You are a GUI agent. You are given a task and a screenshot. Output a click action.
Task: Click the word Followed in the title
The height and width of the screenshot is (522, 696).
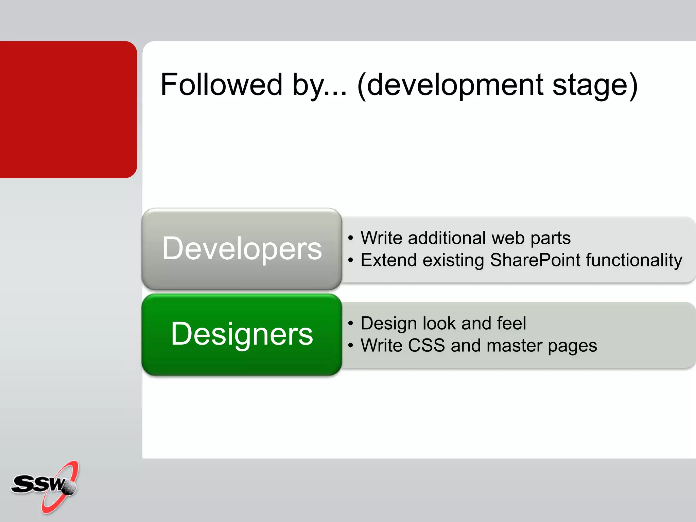click(x=221, y=85)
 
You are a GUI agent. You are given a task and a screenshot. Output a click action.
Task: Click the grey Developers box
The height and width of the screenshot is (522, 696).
click(x=242, y=249)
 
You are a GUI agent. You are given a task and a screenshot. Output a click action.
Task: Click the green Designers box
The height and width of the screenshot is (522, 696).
click(x=242, y=334)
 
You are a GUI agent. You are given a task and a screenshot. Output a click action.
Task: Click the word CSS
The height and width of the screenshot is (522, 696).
click(x=426, y=346)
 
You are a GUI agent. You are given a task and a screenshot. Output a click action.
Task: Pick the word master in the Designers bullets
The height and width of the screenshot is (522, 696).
click(x=514, y=346)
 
